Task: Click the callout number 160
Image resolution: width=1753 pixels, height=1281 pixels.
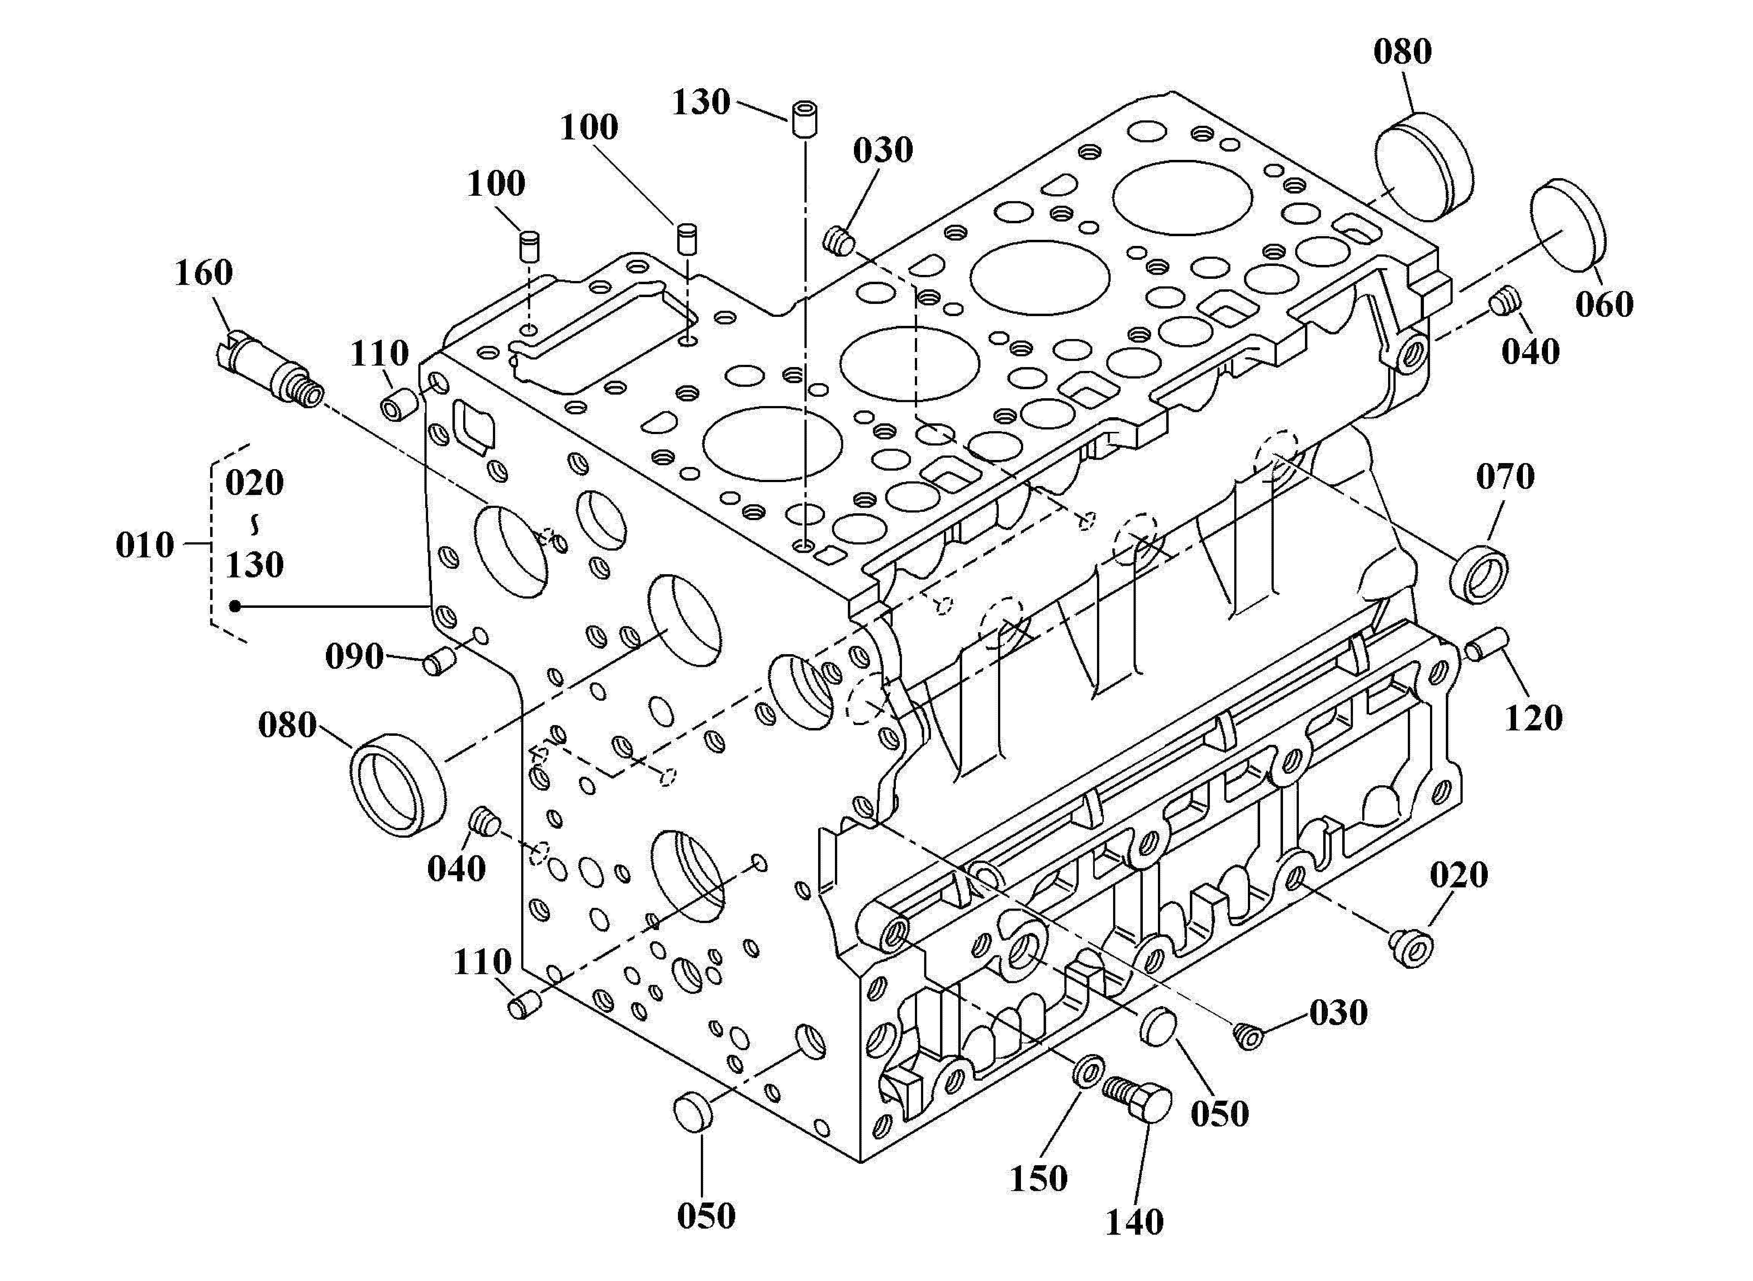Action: click(x=203, y=273)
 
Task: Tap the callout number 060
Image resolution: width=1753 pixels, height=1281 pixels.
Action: click(x=1604, y=304)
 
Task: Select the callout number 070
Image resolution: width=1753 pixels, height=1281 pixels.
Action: click(x=1505, y=476)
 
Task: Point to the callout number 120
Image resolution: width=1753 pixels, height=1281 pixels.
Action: click(x=1534, y=718)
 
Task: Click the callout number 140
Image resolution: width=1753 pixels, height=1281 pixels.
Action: click(x=1134, y=1222)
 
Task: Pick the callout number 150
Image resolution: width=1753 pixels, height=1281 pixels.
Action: click(x=1038, y=1179)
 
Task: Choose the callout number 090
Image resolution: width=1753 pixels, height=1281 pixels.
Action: click(x=354, y=657)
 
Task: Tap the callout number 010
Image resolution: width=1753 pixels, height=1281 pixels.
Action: click(x=144, y=545)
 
